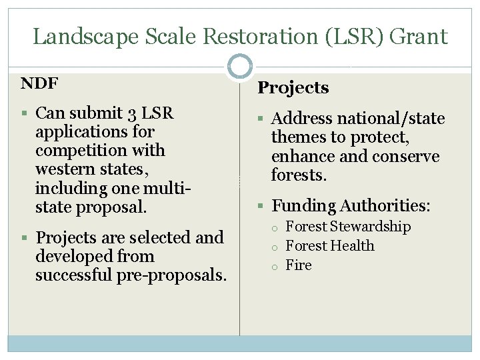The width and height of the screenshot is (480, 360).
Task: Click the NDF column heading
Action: (x=39, y=83)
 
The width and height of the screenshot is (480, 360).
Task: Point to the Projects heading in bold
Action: (x=293, y=87)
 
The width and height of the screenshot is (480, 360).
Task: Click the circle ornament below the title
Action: (x=239, y=67)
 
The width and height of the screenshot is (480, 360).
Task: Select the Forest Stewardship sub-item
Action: (x=348, y=227)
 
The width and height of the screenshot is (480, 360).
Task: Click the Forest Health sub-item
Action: (x=330, y=246)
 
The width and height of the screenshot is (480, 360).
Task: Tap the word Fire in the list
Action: (x=299, y=265)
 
